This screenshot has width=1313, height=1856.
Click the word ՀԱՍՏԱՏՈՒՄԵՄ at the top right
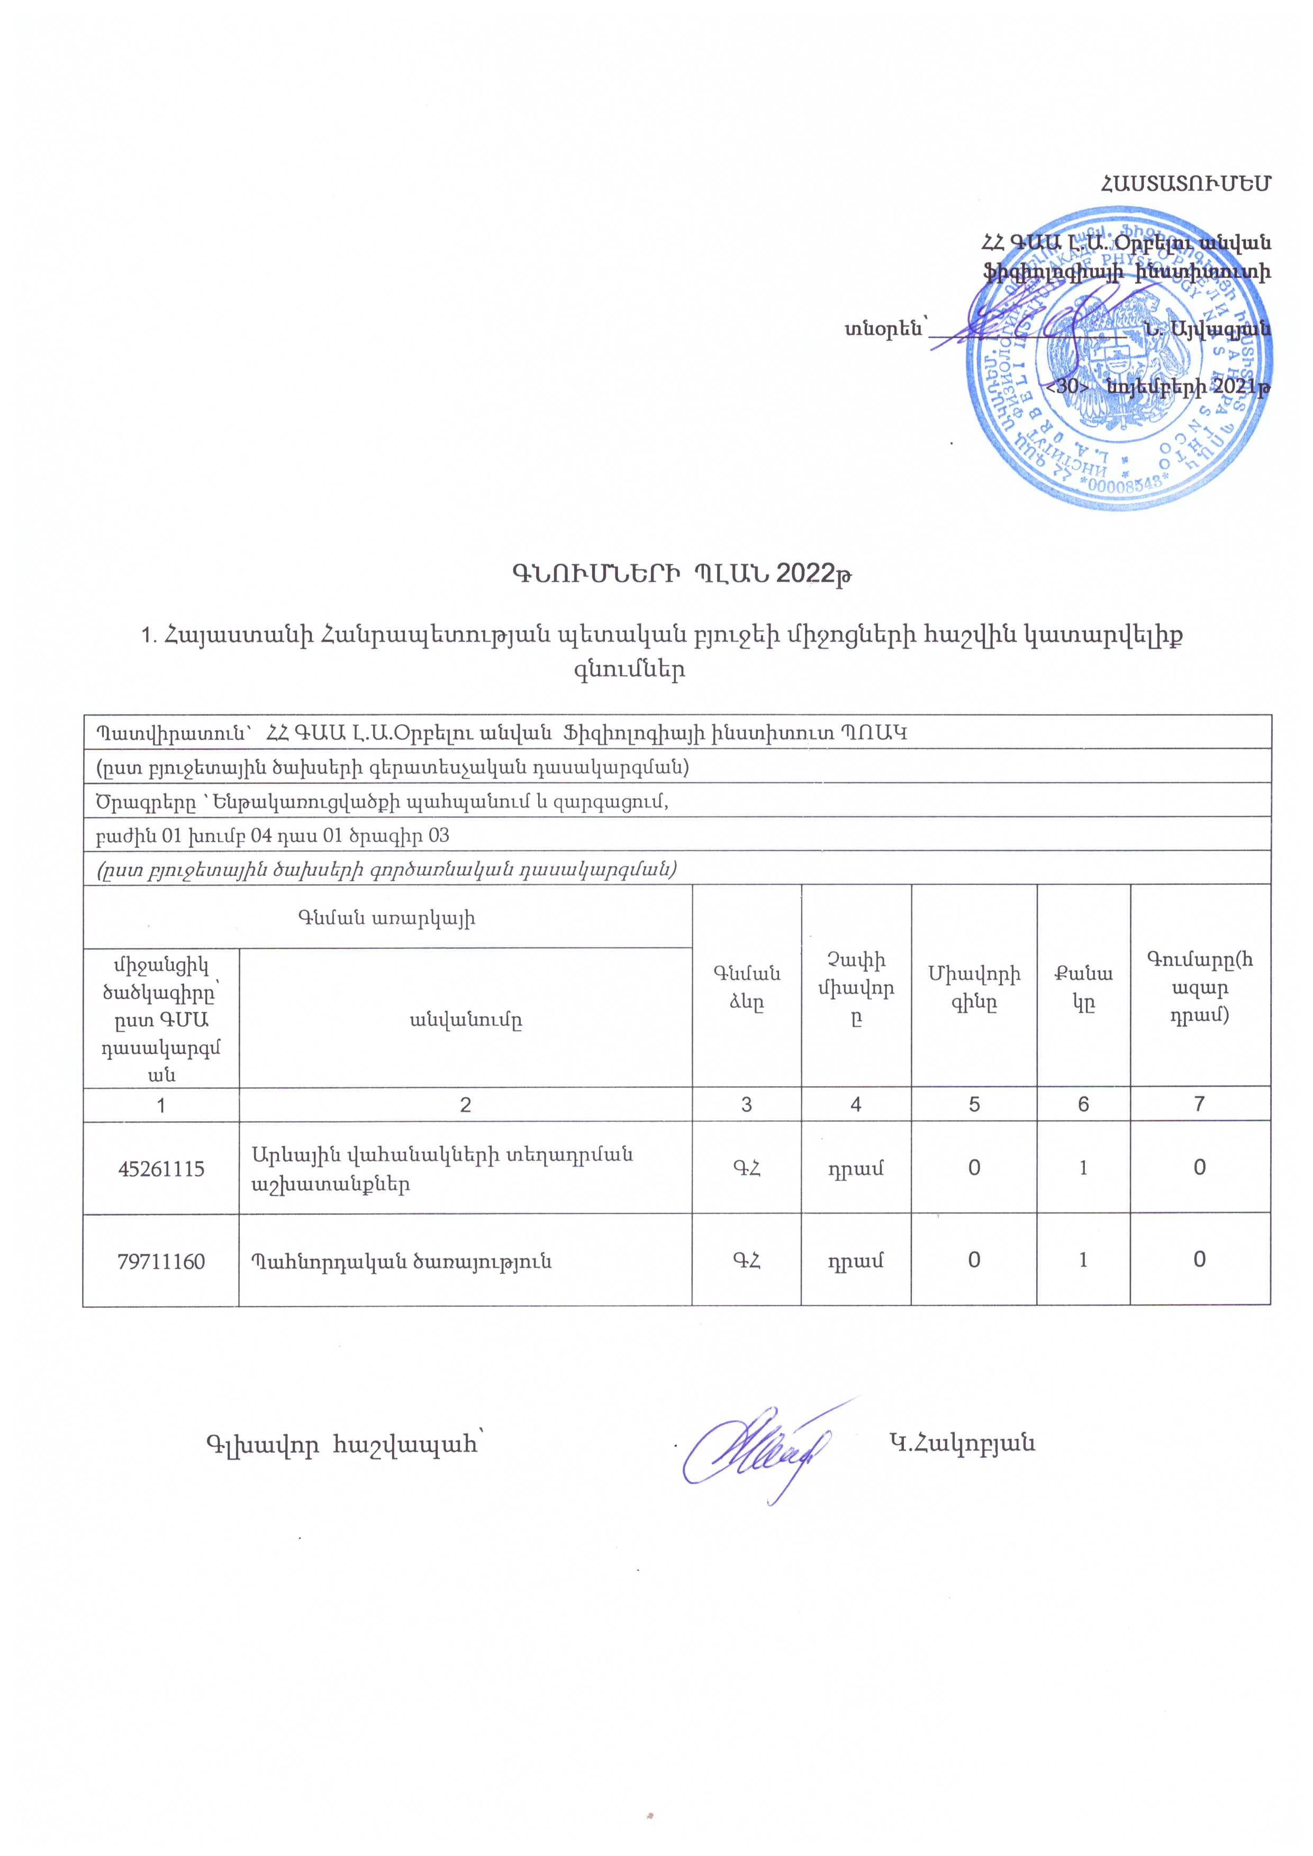click(1185, 184)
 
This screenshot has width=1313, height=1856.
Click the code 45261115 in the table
click(161, 1169)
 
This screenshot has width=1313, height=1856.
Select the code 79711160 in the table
click(161, 1261)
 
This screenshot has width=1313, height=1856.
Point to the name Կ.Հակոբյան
click(961, 1443)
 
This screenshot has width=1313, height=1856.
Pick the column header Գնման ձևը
click(746, 988)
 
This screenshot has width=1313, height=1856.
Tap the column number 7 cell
click(1199, 1104)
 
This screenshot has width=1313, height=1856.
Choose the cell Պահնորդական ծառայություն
click(401, 1261)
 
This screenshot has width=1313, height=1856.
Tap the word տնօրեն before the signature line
click(884, 329)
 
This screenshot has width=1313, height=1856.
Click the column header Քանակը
click(1083, 988)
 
